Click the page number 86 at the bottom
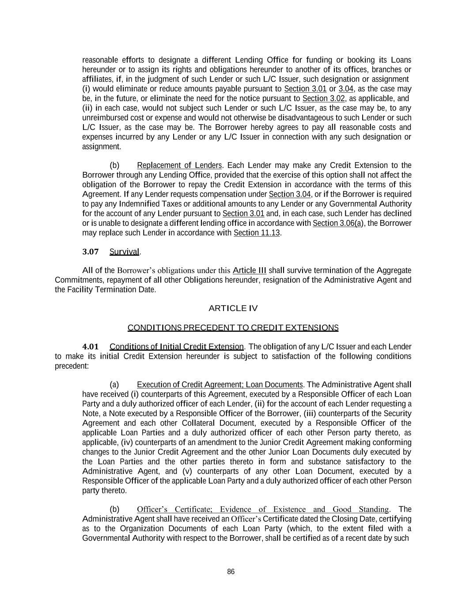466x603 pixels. click(x=231, y=572)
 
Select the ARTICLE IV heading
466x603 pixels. click(x=233, y=308)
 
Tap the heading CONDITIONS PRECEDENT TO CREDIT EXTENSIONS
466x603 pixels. click(x=233, y=328)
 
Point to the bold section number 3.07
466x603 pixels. click(x=91, y=252)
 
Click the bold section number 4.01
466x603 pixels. click(x=91, y=346)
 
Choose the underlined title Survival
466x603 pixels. click(x=124, y=252)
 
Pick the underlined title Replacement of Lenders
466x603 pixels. click(x=179, y=165)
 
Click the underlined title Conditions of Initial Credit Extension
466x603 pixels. click(x=176, y=346)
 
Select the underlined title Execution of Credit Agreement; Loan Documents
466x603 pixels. click(x=220, y=384)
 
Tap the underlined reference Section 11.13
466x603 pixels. click(x=257, y=233)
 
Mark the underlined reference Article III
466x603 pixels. click(x=249, y=270)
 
